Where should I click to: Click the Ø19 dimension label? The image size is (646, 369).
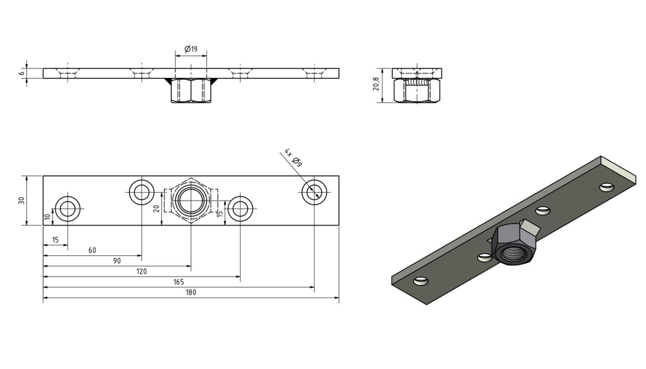(191, 49)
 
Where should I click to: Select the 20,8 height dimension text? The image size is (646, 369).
(376, 84)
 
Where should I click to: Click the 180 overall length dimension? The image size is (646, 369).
(191, 292)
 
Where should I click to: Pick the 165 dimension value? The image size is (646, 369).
(178, 282)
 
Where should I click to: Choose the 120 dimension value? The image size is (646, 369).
(141, 272)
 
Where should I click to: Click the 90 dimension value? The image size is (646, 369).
(117, 261)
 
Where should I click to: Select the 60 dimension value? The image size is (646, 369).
(92, 250)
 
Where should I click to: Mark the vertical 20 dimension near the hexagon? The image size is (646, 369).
(157, 208)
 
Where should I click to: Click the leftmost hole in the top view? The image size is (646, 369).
(68, 209)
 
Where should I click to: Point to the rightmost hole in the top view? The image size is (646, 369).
(314, 192)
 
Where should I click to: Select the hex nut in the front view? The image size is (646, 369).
(191, 90)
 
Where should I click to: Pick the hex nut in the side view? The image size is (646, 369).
(416, 91)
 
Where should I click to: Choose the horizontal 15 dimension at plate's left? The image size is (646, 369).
(55, 240)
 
